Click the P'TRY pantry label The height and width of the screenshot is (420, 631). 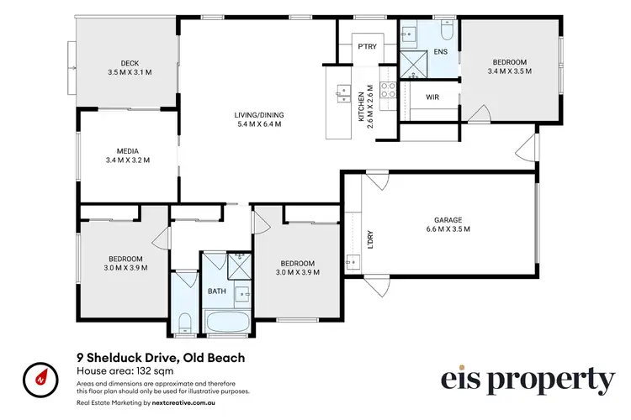(366, 47)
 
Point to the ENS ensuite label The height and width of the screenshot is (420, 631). (440, 51)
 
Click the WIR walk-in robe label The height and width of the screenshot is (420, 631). (432, 97)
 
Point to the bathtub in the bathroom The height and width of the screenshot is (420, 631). (225, 323)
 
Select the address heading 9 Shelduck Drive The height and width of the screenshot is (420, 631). (160, 358)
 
